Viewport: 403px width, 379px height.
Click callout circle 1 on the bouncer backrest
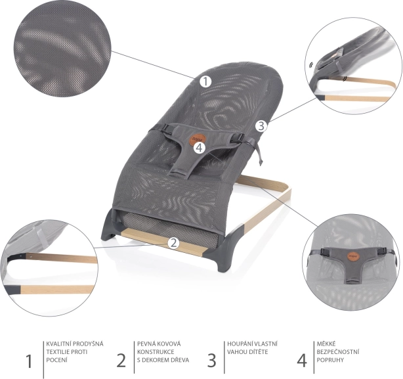(205, 81)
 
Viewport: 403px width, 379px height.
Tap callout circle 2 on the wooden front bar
(174, 243)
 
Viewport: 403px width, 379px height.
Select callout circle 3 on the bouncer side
(261, 126)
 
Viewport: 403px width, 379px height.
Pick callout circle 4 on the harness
(200, 148)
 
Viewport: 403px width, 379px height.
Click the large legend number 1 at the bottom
(29, 361)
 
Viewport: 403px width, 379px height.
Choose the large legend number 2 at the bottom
(121, 361)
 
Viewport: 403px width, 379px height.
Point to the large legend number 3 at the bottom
(211, 361)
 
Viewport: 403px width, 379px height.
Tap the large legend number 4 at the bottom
(302, 361)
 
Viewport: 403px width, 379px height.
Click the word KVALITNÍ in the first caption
(58, 344)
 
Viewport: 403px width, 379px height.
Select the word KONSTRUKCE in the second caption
(156, 352)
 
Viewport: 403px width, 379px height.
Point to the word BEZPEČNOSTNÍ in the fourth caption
(338, 352)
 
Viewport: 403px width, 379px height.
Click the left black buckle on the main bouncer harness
(168, 129)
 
